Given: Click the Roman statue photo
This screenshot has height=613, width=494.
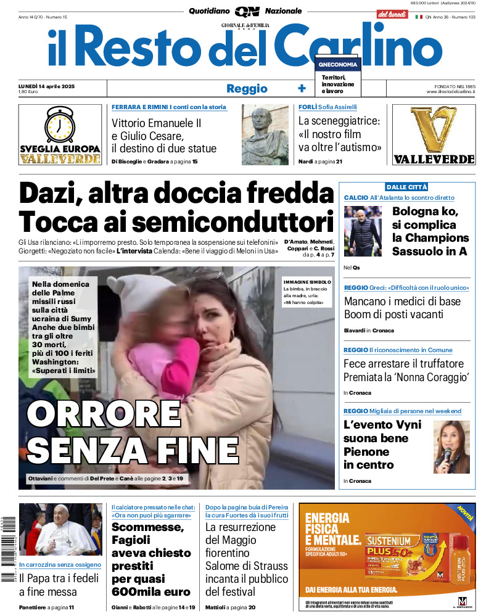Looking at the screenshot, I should (265, 134).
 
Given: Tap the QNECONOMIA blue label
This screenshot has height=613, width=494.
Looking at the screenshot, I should (337, 65).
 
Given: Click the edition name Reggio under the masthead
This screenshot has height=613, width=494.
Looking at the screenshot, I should (247, 89).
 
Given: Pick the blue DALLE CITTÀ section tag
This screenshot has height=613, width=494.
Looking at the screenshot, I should (406, 187).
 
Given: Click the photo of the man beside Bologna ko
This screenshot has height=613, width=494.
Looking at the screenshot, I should (363, 231).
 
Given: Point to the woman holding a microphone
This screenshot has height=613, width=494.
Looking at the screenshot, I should (451, 447).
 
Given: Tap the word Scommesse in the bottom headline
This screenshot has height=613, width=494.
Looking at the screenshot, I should (148, 528).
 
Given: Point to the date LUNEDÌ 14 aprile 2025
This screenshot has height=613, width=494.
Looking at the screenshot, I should (56, 86).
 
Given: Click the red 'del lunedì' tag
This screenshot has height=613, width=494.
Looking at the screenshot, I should (392, 14).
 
